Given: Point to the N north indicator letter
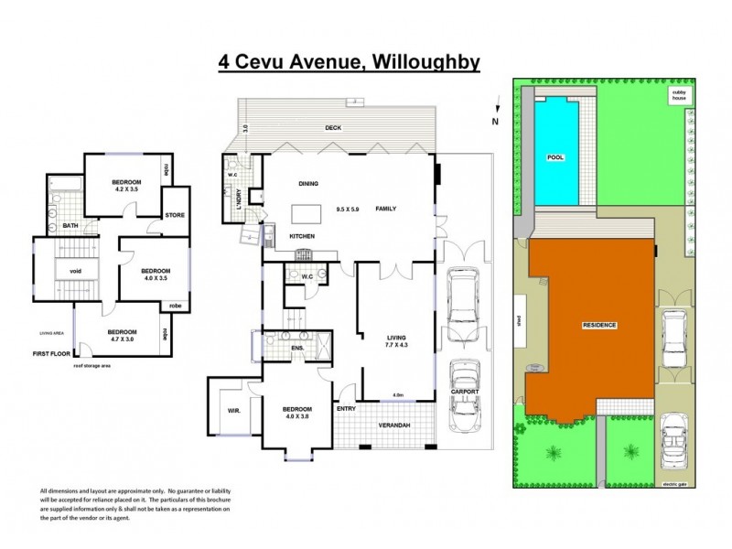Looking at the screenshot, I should (x=495, y=121).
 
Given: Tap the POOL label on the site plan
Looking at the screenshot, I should (x=554, y=157).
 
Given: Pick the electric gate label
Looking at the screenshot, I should (x=673, y=484).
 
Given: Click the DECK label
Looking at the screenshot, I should (x=332, y=128).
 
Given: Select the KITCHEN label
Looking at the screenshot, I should (x=303, y=236).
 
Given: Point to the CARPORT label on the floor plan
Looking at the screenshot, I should (x=464, y=392).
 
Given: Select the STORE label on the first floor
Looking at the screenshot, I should (x=175, y=215).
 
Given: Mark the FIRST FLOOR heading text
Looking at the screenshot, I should (x=52, y=353).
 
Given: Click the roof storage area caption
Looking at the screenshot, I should (x=92, y=365).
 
